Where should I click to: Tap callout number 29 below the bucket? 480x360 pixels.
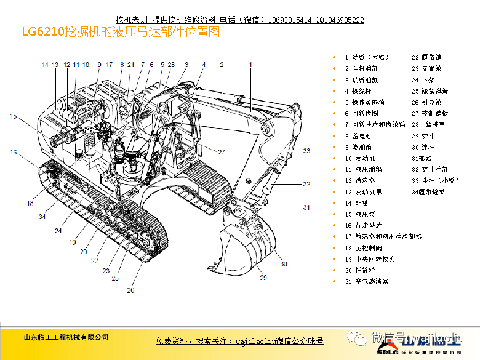coord(263,278)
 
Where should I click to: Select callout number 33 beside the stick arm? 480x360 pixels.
coord(306,151)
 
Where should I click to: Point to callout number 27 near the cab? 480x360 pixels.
coord(221,152)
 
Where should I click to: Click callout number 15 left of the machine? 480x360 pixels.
coord(13,116)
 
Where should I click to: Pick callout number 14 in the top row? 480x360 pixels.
coord(45,65)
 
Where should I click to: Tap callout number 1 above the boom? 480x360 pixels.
coord(250,65)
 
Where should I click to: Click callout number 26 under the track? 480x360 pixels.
coord(130,290)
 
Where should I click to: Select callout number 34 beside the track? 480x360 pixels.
coord(42,217)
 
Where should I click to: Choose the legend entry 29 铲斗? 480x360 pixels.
coord(423,136)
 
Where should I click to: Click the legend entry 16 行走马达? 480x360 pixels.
coord(363,225)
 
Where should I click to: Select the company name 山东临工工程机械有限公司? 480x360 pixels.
coord(66,337)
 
